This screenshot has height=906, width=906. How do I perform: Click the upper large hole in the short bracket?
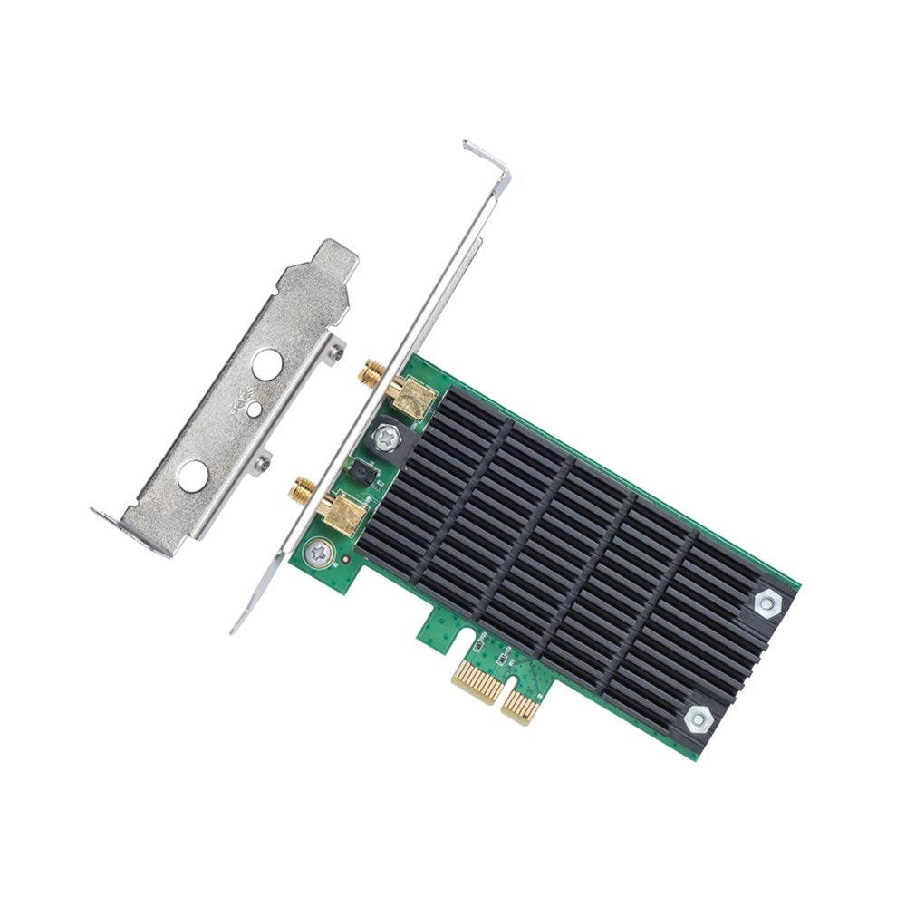(x=266, y=365)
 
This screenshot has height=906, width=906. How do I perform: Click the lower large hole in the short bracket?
(x=192, y=475)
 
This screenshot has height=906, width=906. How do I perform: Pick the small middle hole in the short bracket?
(x=255, y=410)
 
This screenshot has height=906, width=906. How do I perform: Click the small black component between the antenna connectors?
(x=360, y=470)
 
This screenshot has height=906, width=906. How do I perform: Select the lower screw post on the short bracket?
(x=263, y=463)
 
